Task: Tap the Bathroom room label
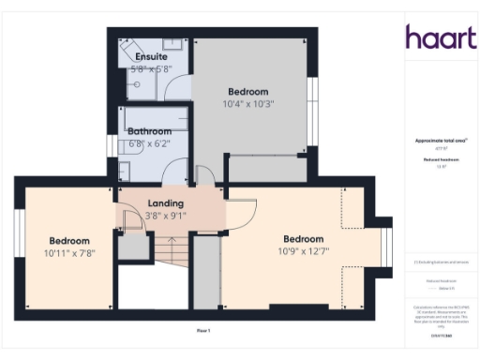pos(150,130)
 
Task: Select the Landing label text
pos(166,202)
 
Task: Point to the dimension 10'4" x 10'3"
pos(248,104)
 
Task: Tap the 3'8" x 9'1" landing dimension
pos(166,215)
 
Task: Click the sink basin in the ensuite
pos(172,44)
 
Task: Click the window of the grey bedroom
pos(314,97)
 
